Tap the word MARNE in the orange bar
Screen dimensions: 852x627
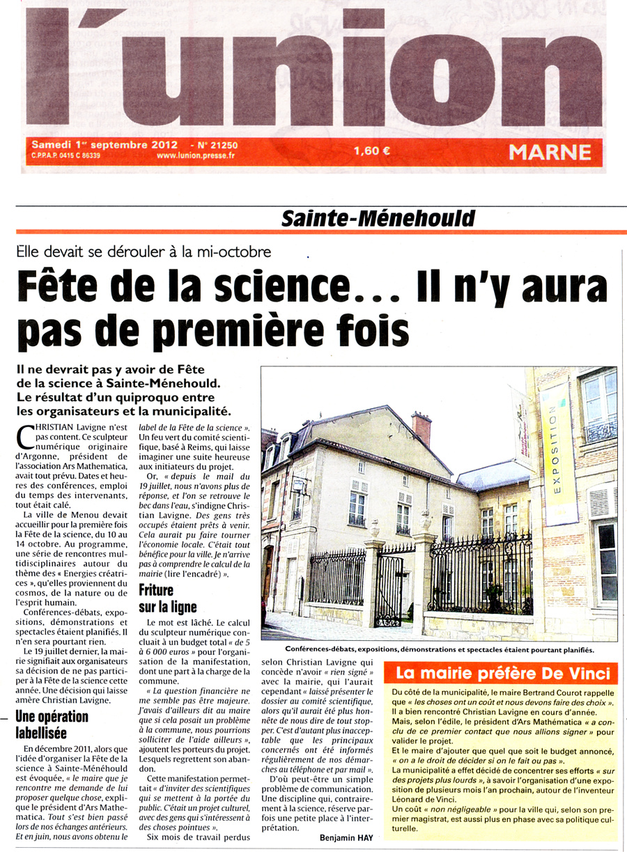coord(550,152)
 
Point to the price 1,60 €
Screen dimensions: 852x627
coord(373,149)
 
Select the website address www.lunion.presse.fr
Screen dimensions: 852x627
coord(195,155)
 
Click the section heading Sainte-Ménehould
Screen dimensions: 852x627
coord(378,218)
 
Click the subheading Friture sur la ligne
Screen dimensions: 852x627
coord(167,598)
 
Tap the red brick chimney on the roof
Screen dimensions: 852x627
coord(421,427)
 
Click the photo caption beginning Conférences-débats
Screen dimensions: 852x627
coord(428,650)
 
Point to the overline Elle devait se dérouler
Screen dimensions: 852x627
coord(144,252)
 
